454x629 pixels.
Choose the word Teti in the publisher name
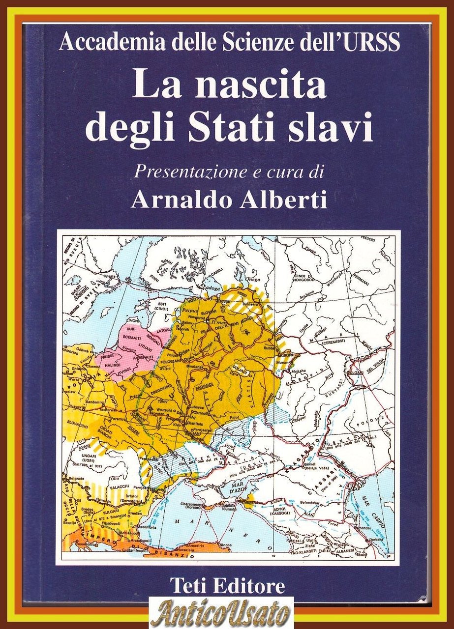coord(187,586)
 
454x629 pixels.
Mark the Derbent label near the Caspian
coord(375,539)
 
